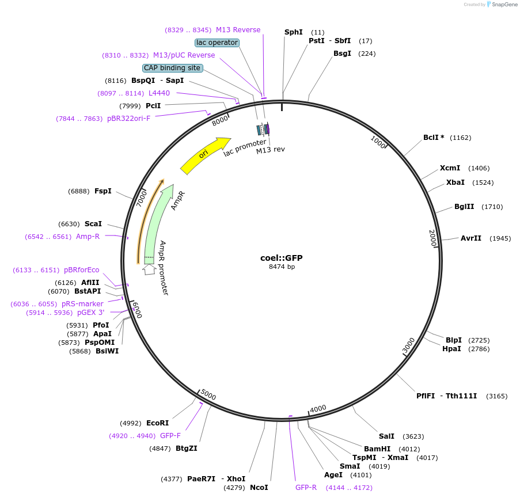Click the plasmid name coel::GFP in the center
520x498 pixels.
tap(282, 258)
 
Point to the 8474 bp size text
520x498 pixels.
tap(282, 267)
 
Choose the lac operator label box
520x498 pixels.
tap(217, 43)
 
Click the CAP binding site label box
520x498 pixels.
tap(173, 68)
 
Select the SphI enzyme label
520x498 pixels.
tap(294, 32)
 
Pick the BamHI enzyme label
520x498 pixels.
tap(377, 449)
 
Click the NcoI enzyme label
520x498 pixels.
tap(259, 488)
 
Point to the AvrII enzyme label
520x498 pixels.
tap(470, 238)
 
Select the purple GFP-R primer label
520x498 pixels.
tap(306, 488)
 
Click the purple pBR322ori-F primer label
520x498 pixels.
tap(128, 119)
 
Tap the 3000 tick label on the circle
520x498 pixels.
tap(408, 346)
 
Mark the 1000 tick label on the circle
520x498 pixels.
tap(378, 142)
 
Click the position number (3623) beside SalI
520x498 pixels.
tap(413, 436)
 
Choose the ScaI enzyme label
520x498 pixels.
tap(93, 224)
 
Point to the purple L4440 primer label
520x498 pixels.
tap(159, 93)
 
